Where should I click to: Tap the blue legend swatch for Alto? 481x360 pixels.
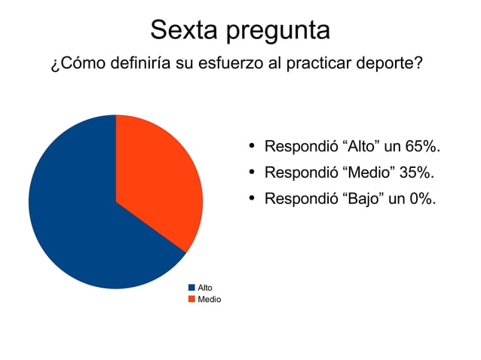[191, 288]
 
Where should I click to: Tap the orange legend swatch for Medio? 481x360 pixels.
[191, 299]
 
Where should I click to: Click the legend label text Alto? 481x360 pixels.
[204, 288]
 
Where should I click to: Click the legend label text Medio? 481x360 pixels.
[209, 299]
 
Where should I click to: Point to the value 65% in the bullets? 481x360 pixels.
[421, 145]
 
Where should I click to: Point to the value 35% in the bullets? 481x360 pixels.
[416, 172]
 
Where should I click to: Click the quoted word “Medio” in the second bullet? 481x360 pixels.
[369, 172]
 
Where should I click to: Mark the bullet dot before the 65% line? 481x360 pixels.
[252, 145]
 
